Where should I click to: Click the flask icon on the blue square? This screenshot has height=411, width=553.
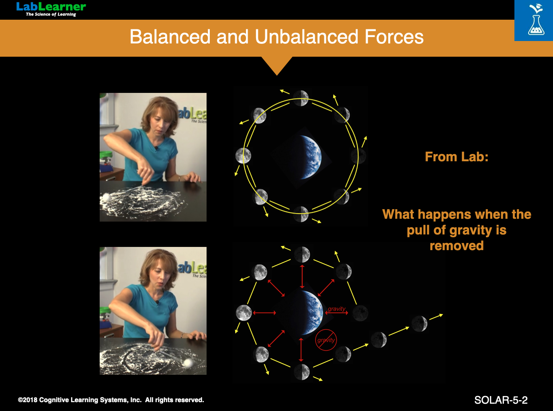pyautogui.click(x=536, y=25)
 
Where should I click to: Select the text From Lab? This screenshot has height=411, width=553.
pyautogui.click(x=457, y=157)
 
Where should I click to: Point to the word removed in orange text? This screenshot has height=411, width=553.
pyautogui.click(x=457, y=246)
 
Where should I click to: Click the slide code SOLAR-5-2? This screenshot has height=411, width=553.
pyautogui.click(x=501, y=400)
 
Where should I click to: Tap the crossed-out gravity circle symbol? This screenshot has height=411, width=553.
pyautogui.click(x=326, y=340)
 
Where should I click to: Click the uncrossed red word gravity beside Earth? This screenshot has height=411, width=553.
pyautogui.click(x=336, y=309)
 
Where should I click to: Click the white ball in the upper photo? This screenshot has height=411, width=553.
pyautogui.click(x=106, y=197)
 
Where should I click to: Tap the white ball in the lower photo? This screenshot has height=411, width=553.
pyautogui.click(x=188, y=363)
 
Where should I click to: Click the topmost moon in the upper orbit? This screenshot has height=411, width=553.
pyautogui.click(x=301, y=98)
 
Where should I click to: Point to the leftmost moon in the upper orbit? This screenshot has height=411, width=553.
pyautogui.click(x=243, y=156)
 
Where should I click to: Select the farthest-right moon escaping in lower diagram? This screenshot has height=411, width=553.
pyautogui.click(x=419, y=324)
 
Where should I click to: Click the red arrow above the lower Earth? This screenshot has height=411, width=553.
pyautogui.click(x=302, y=277)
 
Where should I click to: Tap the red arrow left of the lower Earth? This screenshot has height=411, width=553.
pyautogui.click(x=264, y=313)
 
